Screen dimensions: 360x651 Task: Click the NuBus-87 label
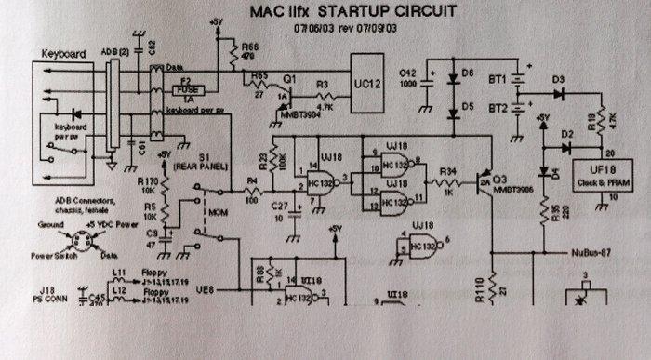point(594,252)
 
